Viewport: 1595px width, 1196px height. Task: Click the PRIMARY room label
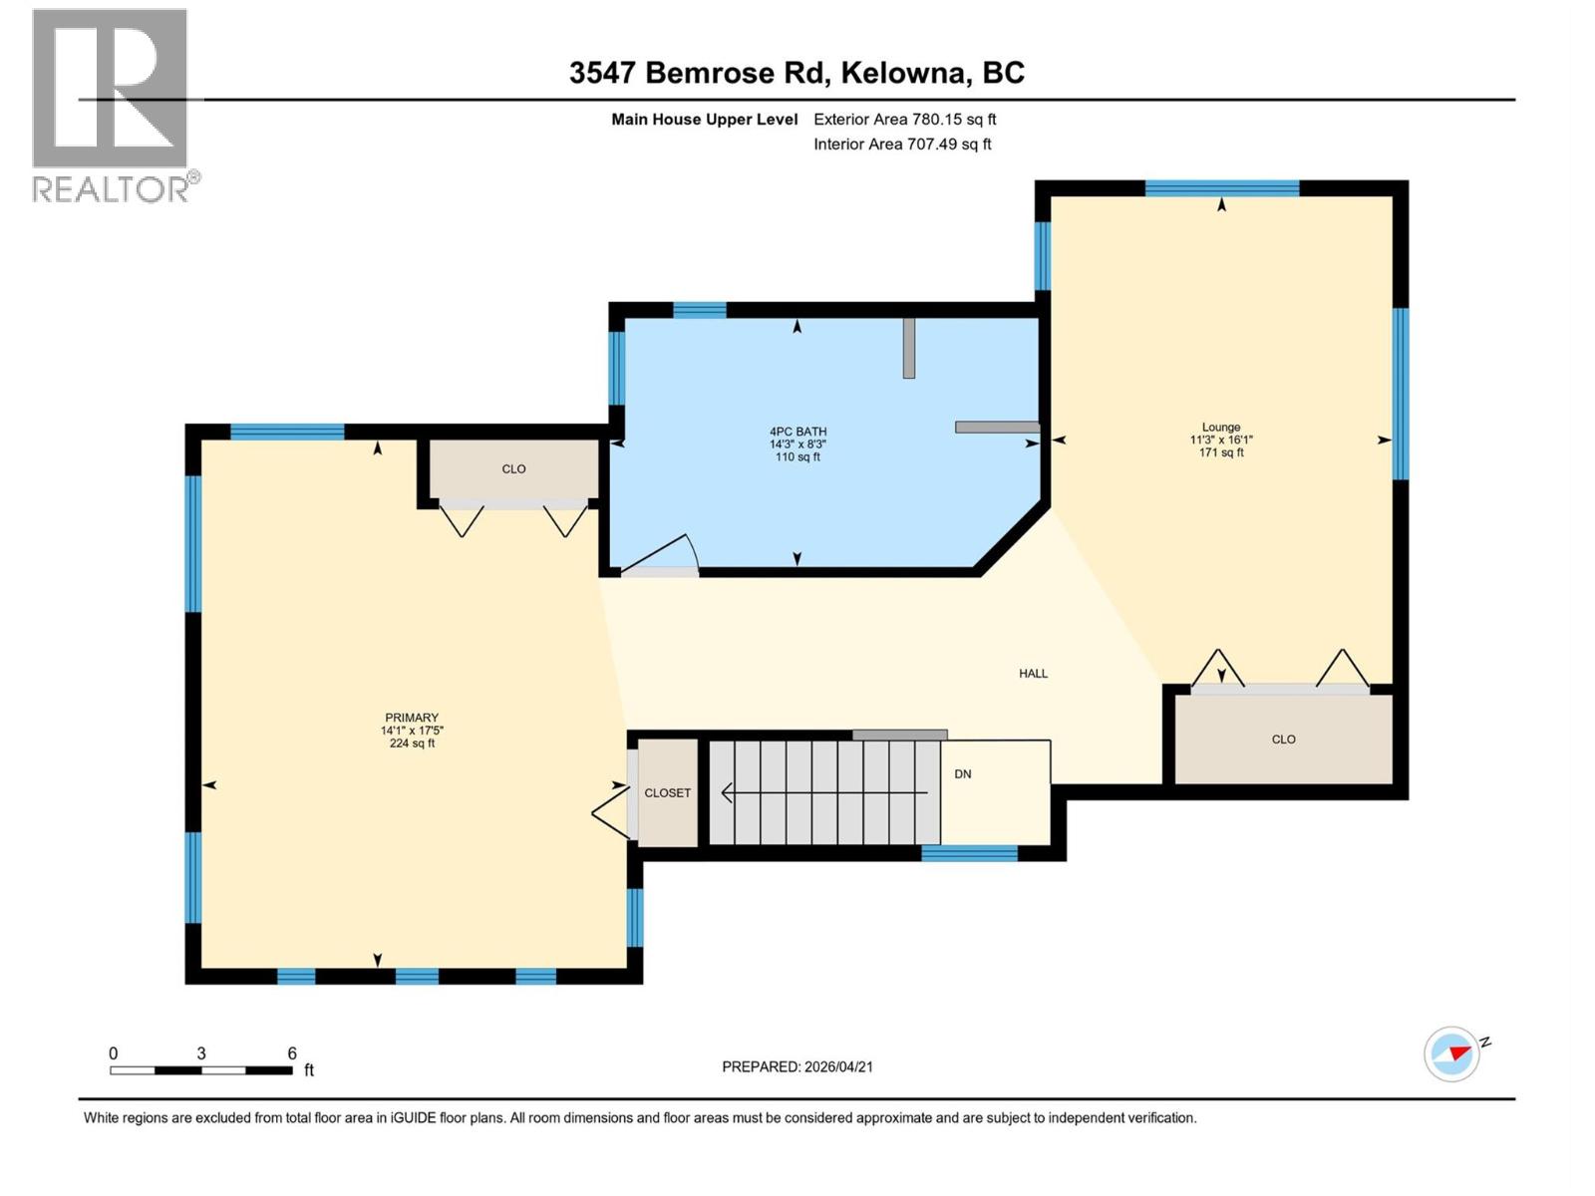click(x=412, y=718)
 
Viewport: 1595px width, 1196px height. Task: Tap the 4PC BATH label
click(x=797, y=432)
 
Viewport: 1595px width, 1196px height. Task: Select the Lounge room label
click(x=1220, y=427)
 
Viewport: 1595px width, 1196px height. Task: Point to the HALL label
click(x=1033, y=674)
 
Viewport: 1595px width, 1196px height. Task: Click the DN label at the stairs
click(x=963, y=774)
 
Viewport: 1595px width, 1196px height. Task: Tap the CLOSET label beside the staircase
click(x=667, y=793)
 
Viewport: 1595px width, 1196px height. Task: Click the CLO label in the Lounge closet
click(x=1283, y=740)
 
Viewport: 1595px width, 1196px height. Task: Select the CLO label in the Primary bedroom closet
click(x=513, y=469)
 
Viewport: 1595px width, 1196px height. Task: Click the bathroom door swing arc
click(x=663, y=553)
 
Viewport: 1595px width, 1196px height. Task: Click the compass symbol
click(x=1451, y=1053)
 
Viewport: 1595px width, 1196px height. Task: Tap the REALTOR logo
click(x=112, y=105)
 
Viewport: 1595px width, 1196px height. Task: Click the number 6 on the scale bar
click(x=292, y=1053)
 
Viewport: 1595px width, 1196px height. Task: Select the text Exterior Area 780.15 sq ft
click(x=904, y=120)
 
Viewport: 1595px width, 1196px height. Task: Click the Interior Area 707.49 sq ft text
click(x=902, y=145)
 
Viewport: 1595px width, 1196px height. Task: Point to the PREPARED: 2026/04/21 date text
click(x=797, y=1066)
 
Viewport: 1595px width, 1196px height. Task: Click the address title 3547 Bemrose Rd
click(x=698, y=73)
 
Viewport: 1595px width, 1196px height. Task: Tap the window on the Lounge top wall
click(x=1221, y=188)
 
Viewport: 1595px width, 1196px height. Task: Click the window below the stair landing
click(x=969, y=853)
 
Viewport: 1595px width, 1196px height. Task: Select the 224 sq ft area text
click(x=412, y=744)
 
